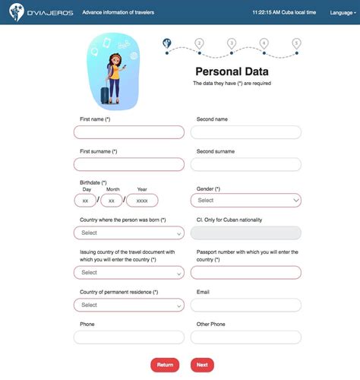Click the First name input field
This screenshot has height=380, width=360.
coord(129,132)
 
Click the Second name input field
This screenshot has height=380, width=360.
coord(245,132)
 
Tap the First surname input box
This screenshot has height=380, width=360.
coord(129,164)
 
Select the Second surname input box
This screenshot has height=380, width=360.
coord(245,164)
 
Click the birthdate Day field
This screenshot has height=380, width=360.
coord(85,201)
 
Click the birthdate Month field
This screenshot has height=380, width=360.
coord(112,201)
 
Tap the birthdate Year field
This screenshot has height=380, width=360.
coord(142,201)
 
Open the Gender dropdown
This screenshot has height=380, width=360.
coord(245,201)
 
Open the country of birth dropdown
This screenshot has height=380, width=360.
coord(129,233)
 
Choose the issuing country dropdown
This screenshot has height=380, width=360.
coord(129,272)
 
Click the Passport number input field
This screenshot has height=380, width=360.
coord(245,272)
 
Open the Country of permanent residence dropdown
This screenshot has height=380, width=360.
coord(129,305)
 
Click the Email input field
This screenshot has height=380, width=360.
coord(245,305)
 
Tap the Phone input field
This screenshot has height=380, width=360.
coord(129,337)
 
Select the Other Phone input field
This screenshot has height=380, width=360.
coord(245,337)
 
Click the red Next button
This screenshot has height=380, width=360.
coord(202,365)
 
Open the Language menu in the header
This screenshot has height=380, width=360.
coord(341,12)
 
